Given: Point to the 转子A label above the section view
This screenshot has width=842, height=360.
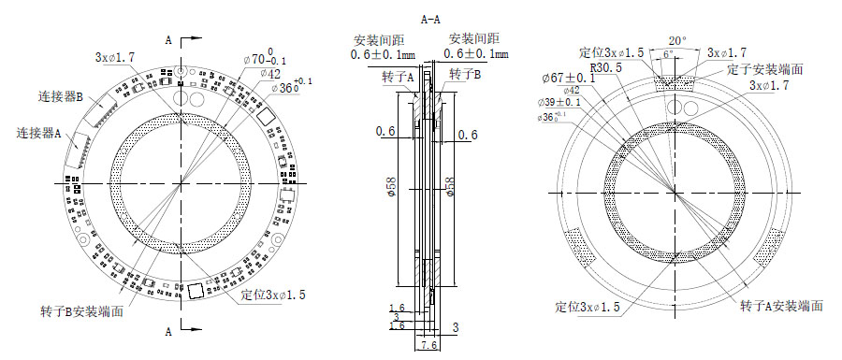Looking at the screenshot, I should coord(397,79).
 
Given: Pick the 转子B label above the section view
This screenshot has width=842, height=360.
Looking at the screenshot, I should coord(465,74).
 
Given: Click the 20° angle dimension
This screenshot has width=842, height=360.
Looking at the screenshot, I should coord(677,41).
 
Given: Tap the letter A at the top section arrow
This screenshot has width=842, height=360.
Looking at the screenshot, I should coord(168,41).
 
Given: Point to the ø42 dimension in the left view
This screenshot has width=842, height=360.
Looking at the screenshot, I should coord(269,73).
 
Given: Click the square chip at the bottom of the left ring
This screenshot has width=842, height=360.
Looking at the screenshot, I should coord(195,292).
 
